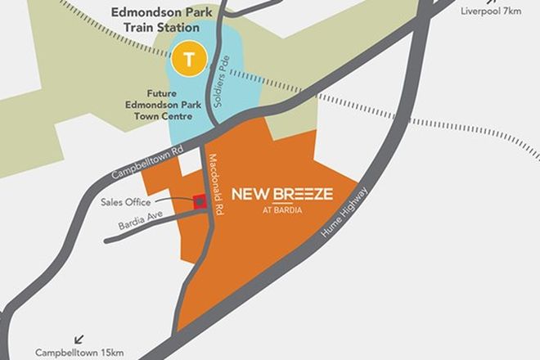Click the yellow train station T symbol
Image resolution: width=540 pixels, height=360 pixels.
pos(190,60)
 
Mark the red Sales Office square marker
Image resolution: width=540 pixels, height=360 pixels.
pos(199,201)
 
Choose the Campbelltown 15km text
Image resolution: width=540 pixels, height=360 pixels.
pos(79,353)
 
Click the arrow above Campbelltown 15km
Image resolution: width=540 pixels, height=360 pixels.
pos(79,337)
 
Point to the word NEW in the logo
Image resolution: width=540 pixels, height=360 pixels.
pos(247,194)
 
